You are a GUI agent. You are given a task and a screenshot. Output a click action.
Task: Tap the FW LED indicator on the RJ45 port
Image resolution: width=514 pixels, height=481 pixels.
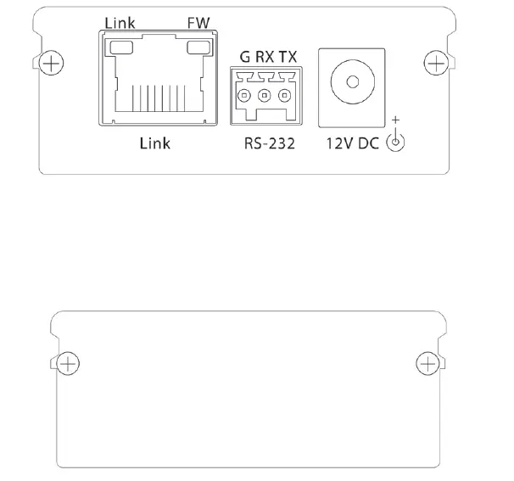[199, 50]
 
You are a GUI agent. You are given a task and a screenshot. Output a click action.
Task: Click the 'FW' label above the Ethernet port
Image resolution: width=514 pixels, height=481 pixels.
[198, 22]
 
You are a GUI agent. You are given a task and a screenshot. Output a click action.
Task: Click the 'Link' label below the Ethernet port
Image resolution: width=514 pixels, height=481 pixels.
[154, 143]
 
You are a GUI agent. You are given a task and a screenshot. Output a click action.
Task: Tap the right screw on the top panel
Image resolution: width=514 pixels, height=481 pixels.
[435, 63]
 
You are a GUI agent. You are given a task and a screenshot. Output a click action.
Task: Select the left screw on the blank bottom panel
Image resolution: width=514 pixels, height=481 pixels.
[70, 364]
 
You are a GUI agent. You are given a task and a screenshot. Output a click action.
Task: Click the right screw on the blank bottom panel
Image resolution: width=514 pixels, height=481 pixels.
[429, 364]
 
